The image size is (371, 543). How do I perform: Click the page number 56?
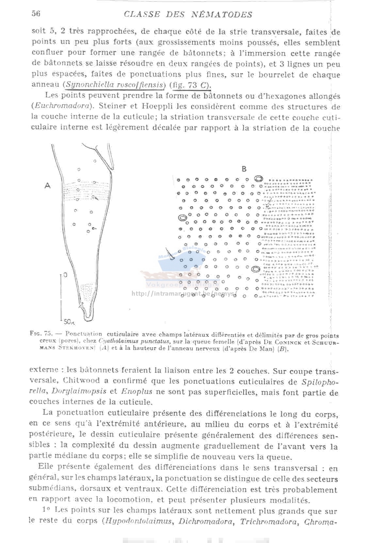(36, 13)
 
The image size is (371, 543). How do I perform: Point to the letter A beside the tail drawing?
(48, 186)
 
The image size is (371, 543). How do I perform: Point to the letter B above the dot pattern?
(244, 169)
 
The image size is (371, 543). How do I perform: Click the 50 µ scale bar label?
(69, 322)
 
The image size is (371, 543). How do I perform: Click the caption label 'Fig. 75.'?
(41, 334)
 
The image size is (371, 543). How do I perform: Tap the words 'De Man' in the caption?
(260, 349)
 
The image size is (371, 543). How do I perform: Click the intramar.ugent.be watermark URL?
(183, 294)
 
